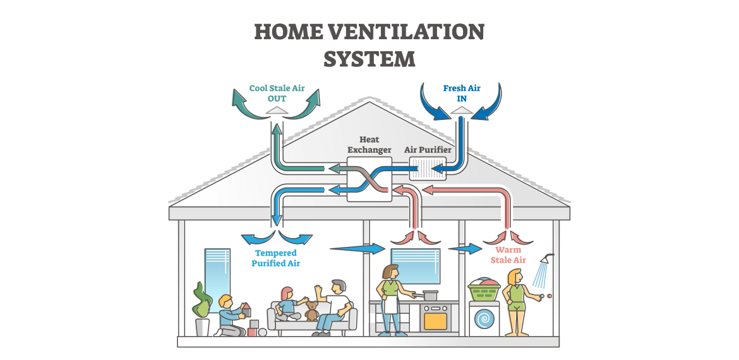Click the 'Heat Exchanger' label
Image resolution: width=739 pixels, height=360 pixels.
[369, 144]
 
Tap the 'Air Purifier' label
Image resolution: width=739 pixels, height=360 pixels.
[428, 150]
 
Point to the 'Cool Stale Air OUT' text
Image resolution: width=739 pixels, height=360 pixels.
[277, 93]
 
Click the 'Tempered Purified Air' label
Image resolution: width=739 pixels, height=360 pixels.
[275, 258]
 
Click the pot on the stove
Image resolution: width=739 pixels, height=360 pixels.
[430, 295]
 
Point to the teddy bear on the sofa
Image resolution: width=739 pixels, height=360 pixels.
[311, 310]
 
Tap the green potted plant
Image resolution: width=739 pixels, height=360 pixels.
[201, 301]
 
